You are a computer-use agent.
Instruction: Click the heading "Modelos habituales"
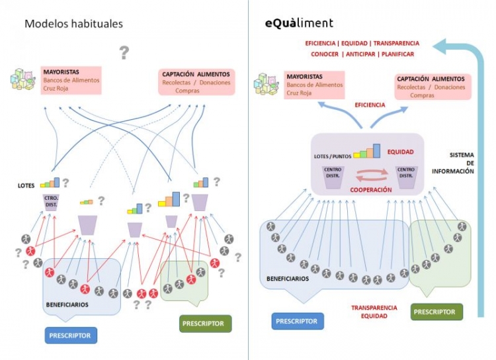(74, 24)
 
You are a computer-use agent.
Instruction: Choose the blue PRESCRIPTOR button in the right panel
(298, 321)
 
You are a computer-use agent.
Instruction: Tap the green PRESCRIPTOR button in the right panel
(434, 312)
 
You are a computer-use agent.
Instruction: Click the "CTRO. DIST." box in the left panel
(51, 201)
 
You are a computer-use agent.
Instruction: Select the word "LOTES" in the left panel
(25, 186)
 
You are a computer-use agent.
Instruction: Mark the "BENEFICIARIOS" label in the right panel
(288, 279)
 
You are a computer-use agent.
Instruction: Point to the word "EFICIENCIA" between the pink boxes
(370, 105)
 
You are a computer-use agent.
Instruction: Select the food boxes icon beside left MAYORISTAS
(24, 79)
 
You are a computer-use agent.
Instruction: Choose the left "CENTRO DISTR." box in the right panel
(332, 174)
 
